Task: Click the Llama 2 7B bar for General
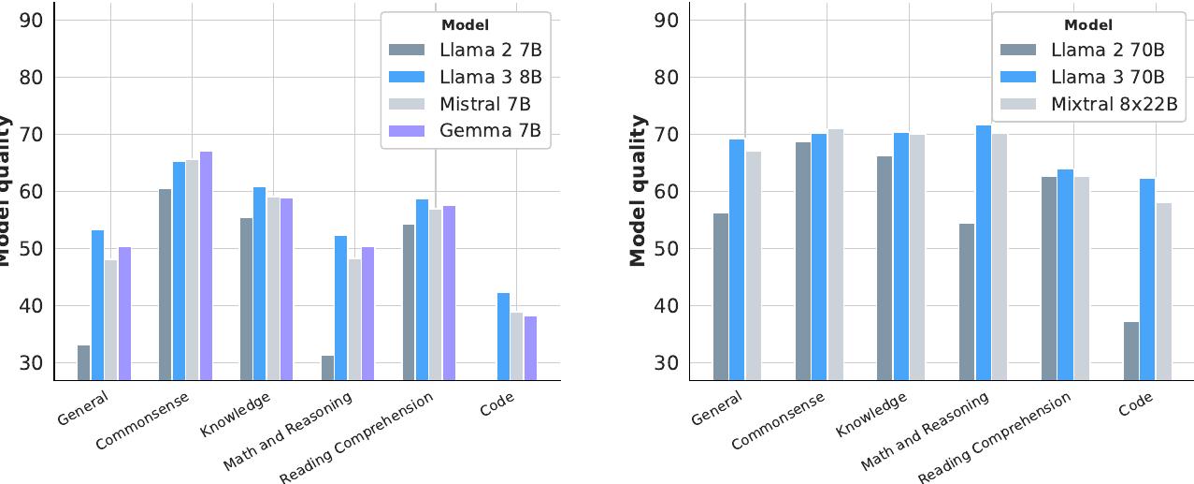coord(84,363)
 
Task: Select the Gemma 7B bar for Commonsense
coord(206,266)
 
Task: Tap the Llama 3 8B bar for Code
coord(502,337)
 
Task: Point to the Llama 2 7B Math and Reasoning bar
coord(327,368)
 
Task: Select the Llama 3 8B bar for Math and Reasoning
coord(340,308)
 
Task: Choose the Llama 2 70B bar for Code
coord(1131,351)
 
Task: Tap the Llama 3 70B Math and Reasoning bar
coord(984,253)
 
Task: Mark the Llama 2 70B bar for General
coord(720,297)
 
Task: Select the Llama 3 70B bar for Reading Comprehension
coord(1066,275)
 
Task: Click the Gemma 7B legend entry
coord(467,130)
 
